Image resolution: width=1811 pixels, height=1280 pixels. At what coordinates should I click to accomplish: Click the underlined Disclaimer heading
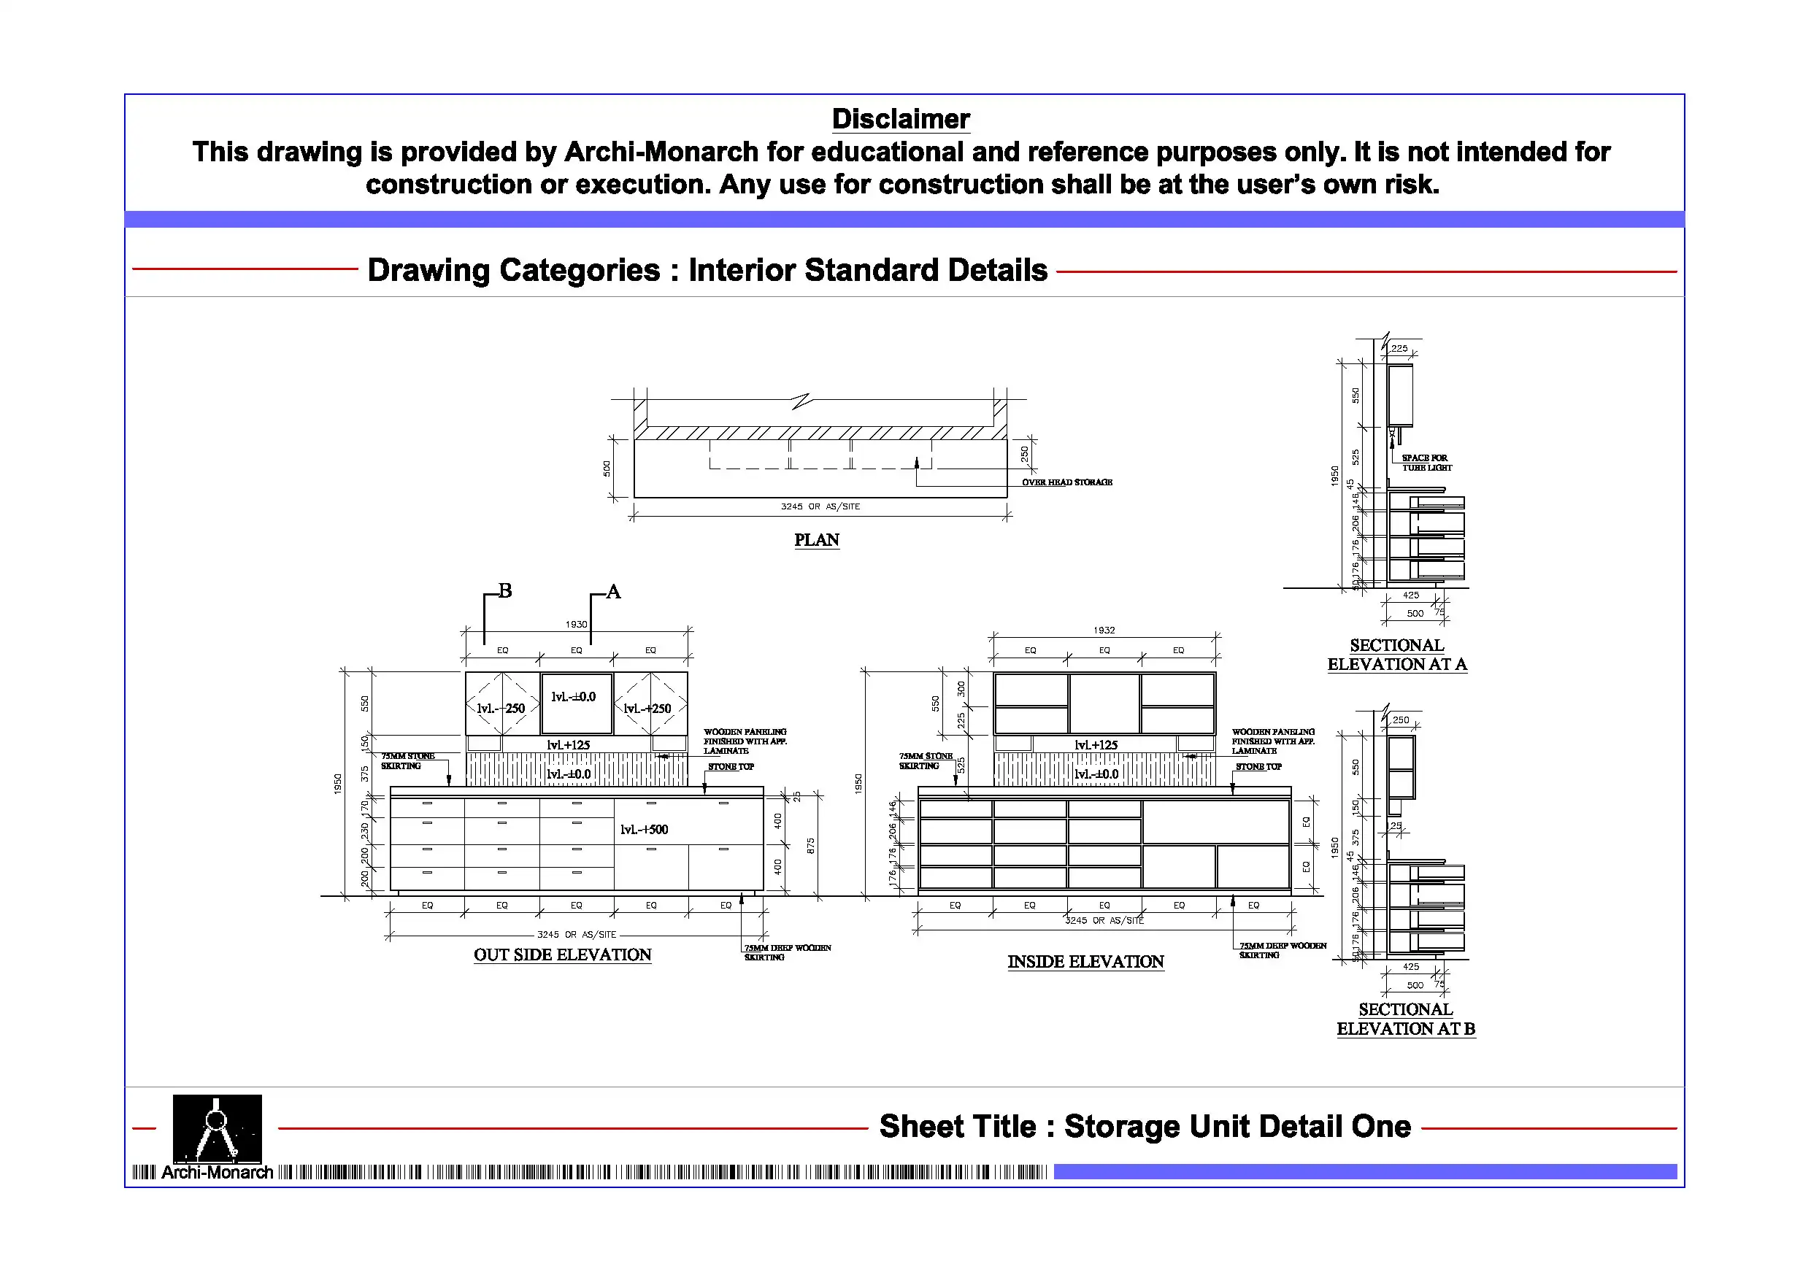pos(901,119)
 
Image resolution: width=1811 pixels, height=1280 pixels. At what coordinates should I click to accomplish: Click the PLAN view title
pos(816,540)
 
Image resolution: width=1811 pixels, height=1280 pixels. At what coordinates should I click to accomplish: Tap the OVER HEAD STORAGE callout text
pos(1066,482)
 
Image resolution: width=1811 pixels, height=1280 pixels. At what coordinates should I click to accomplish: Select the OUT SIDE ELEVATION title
pos(562,955)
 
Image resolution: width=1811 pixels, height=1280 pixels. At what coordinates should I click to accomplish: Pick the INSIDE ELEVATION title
pos(1085,962)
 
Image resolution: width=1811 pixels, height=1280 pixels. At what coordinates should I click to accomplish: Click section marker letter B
pos(506,590)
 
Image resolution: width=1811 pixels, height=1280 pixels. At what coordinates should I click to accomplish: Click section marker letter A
pos(614,593)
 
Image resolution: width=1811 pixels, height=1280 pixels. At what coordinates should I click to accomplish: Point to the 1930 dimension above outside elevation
pos(576,625)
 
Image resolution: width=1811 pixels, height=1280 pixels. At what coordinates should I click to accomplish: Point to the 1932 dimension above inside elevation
pos(1104,630)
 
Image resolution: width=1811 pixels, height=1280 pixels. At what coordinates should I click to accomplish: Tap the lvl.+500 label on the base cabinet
pos(644,830)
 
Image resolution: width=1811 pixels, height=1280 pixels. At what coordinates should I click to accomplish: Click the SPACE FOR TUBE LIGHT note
pos(1426,463)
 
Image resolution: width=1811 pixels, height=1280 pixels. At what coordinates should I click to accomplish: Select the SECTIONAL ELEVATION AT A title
pos(1397,655)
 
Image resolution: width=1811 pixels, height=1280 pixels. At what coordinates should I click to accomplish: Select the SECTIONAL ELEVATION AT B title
pos(1406,1019)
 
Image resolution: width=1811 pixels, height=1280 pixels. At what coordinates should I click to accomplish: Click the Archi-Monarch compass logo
pos(217,1129)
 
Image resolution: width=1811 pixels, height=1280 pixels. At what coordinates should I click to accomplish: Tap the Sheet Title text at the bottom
pos(1145,1127)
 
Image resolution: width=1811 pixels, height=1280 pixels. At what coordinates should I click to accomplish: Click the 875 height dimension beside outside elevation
pos(811,846)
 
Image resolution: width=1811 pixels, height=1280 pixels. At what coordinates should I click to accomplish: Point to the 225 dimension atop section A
pos(1399,348)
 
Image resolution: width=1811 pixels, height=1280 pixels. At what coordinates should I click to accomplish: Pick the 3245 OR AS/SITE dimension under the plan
pos(820,506)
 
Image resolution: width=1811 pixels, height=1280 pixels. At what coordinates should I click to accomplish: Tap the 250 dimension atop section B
pos(1401,720)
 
